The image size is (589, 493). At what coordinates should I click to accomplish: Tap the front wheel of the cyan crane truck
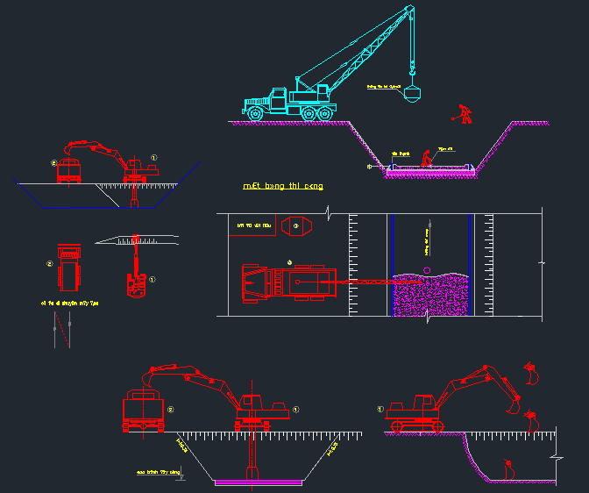tap(254, 113)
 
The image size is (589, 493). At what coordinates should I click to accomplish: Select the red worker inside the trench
tap(425, 158)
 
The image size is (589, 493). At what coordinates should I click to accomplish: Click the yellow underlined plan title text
tap(283, 187)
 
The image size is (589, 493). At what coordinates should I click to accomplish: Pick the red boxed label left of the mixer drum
tap(254, 225)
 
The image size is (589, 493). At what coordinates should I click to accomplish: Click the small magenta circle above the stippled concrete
tap(427, 269)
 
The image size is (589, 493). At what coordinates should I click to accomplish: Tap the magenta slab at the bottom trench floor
tap(258, 482)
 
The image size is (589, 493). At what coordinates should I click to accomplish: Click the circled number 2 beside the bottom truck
tap(171, 409)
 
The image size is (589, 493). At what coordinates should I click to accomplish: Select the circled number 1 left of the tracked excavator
tap(380, 409)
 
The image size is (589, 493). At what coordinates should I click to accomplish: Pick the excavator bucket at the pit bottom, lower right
tap(508, 468)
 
